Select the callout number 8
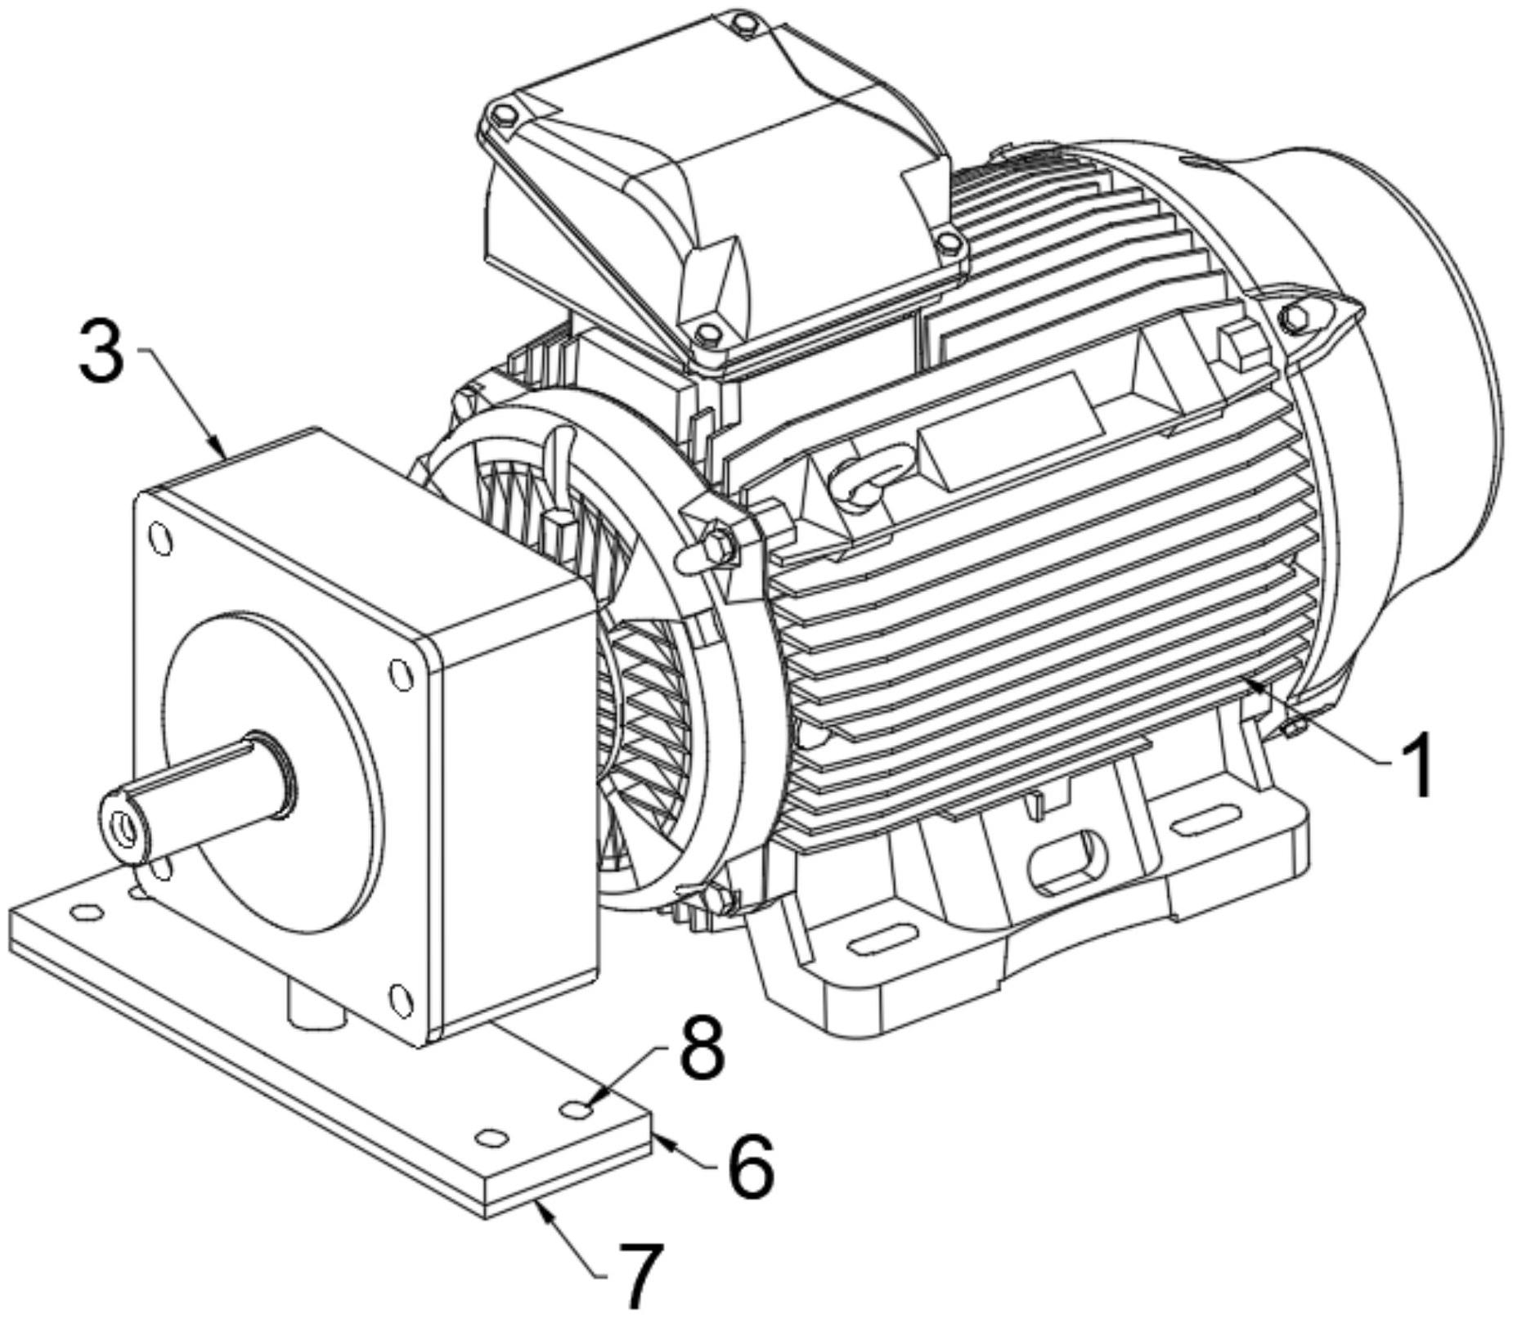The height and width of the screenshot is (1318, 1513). [702, 1049]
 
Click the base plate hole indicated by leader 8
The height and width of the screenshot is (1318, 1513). [576, 1110]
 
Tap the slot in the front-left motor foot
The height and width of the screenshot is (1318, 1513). [883, 937]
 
